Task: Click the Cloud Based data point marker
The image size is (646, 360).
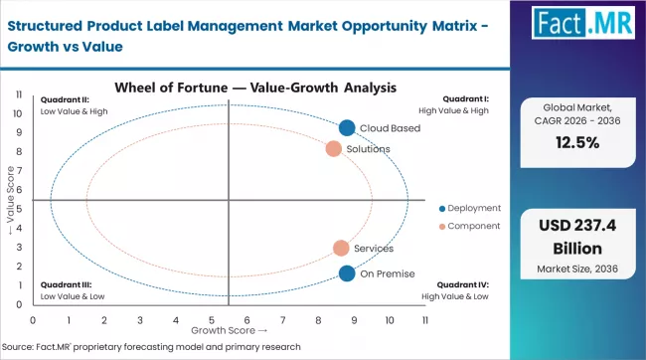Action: (x=346, y=127)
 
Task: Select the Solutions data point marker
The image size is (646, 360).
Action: (x=334, y=149)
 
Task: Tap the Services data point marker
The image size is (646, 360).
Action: (x=341, y=248)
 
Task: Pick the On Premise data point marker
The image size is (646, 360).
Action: (x=346, y=273)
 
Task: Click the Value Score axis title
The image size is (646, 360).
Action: (x=11, y=204)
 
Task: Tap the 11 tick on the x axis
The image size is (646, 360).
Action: (x=425, y=320)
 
